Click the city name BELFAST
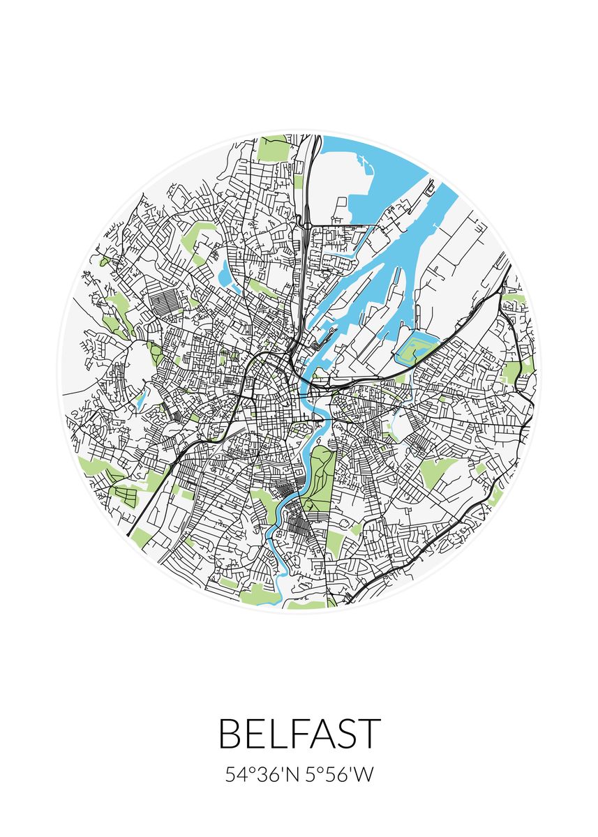299,734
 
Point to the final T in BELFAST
369,734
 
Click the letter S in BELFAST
343,734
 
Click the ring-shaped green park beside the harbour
417,347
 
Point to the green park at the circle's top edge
273,148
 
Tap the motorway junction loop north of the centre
306,223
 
